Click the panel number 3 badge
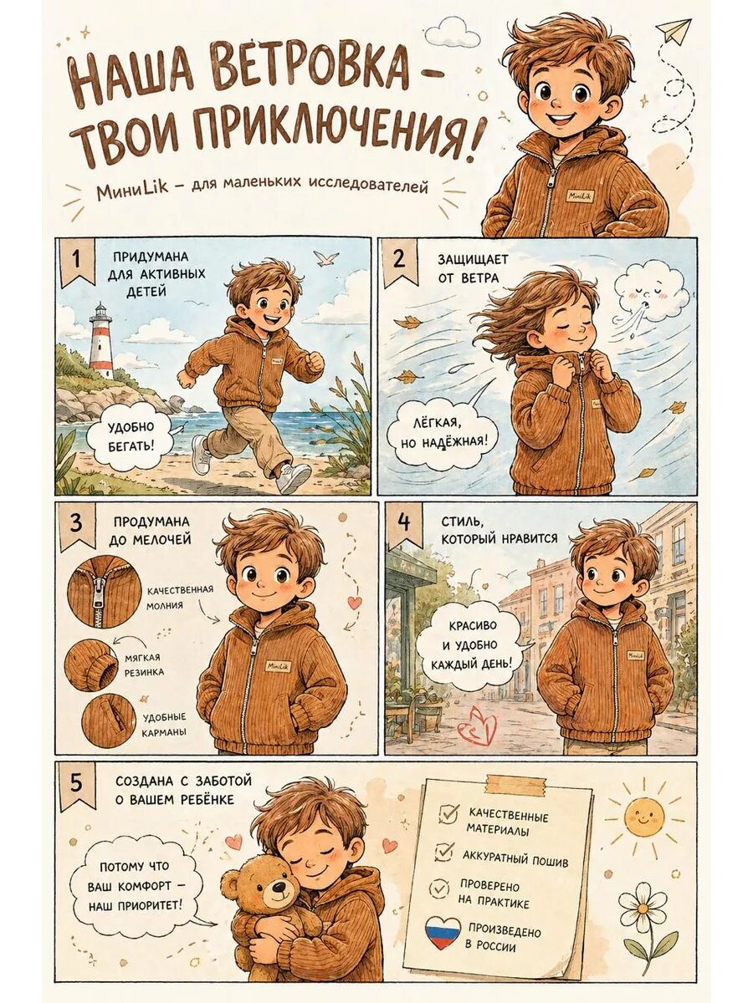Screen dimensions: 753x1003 (x=76, y=527)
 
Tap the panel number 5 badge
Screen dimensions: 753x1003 (x=76, y=785)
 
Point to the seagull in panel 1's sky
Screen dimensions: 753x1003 (x=325, y=258)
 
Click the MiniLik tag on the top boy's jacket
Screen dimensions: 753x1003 (x=580, y=196)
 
